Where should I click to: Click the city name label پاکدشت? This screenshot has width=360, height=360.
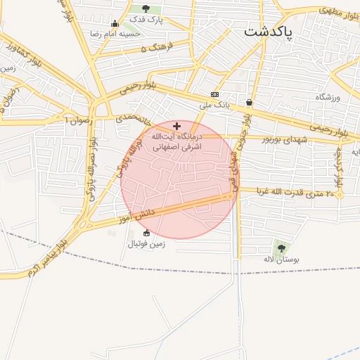tap(269, 32)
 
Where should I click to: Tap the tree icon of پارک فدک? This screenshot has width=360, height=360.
tap(146, 9)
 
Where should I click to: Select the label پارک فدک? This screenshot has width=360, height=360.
tap(146, 20)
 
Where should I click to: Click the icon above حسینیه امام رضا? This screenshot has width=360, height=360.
tap(115, 23)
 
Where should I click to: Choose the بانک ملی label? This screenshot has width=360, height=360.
tap(214, 105)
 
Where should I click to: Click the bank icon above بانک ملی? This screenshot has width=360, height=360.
tap(214, 95)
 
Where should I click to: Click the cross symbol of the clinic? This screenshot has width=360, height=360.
tap(176, 126)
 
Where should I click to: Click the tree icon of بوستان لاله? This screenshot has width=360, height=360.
tap(282, 248)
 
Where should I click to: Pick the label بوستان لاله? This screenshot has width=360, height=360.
tap(282, 259)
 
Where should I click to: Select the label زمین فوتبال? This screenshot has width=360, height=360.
tap(146, 244)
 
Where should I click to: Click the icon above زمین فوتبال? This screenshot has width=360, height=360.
tap(146, 233)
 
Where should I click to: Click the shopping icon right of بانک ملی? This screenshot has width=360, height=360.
tap(250, 103)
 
